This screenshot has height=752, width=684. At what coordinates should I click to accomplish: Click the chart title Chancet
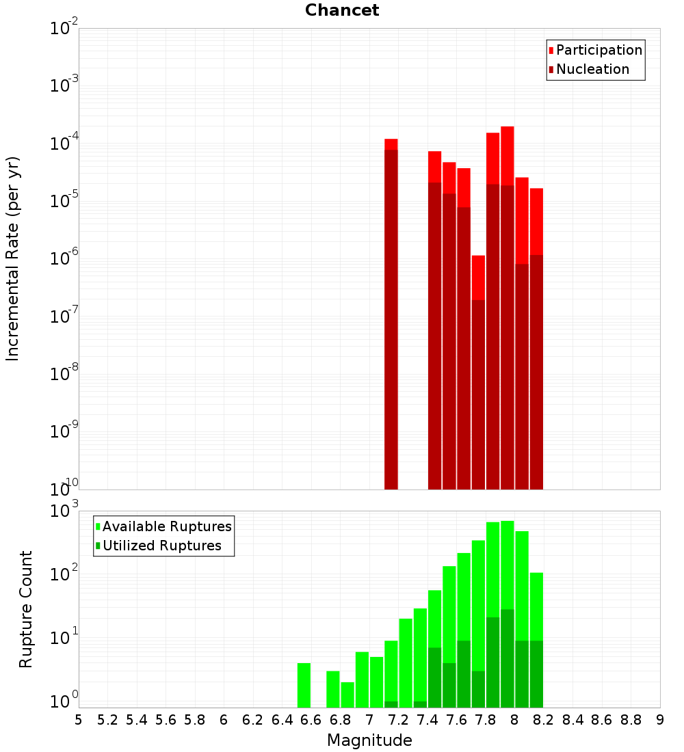pos(342,10)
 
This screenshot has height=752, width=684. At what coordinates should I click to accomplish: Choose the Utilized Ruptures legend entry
pos(161,546)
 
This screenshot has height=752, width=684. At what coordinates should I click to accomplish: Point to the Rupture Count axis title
pos(26,608)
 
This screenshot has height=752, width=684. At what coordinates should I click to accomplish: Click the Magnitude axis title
pos(369,740)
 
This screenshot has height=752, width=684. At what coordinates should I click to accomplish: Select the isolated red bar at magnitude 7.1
pos(391,314)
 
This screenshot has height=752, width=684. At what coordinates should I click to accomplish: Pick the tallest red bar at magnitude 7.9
pos(507,308)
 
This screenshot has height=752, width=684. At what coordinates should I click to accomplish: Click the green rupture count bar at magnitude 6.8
pos(347,695)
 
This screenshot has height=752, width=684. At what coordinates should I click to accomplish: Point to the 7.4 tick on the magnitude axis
pos(428,720)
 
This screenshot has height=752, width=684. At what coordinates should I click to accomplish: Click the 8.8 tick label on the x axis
pos(631,720)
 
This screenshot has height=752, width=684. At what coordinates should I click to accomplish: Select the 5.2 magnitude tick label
pos(108,720)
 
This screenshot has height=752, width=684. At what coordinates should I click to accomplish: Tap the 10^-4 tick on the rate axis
pos(64,144)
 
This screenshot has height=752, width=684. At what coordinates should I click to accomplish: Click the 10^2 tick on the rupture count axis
pos(65,574)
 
